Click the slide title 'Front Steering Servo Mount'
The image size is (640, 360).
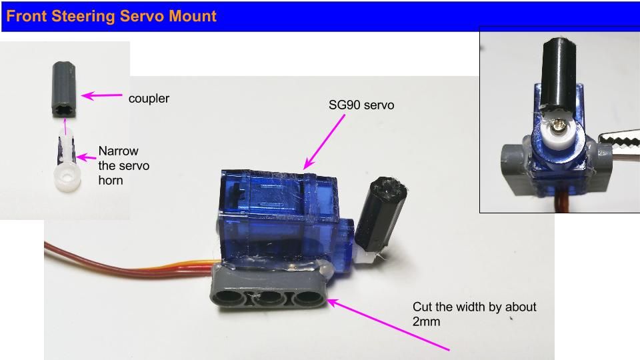(x=111, y=16)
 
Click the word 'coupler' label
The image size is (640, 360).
(x=149, y=99)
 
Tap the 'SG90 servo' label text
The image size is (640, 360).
(x=361, y=105)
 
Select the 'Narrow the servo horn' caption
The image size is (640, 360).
(x=124, y=166)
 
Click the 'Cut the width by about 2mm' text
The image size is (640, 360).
(x=474, y=314)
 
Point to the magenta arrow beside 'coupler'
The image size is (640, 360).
(x=101, y=95)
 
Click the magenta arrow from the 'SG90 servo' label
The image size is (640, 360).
(x=324, y=141)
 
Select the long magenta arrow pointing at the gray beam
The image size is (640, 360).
(x=388, y=325)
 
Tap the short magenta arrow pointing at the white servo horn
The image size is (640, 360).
(x=86, y=157)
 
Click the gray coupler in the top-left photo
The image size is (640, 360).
(x=64, y=90)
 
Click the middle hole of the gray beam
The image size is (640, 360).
(x=268, y=297)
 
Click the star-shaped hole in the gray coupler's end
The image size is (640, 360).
(x=65, y=110)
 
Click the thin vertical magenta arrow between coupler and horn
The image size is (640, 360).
(x=65, y=127)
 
